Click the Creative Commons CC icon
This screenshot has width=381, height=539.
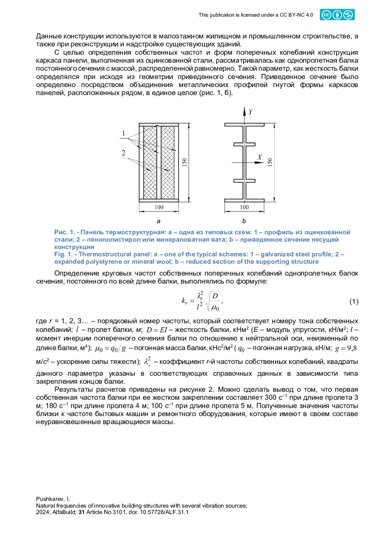[x=326, y=15]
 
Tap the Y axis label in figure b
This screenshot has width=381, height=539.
[x=251, y=112]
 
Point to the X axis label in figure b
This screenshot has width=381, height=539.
[x=260, y=157]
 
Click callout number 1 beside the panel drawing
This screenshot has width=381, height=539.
[x=124, y=133]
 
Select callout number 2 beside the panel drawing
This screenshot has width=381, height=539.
[x=124, y=153]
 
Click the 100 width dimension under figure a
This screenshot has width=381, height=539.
[x=159, y=207]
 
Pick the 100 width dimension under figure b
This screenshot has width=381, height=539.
[x=244, y=207]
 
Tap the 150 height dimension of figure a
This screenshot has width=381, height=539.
[x=185, y=162]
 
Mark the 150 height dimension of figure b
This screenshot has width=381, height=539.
[x=270, y=162]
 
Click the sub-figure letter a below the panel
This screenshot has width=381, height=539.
[x=158, y=221]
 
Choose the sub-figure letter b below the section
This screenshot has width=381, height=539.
[x=244, y=221]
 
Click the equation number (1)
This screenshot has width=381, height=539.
[x=354, y=301]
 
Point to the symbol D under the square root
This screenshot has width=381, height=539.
[x=215, y=296]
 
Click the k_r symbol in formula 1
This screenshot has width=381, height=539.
[x=184, y=300]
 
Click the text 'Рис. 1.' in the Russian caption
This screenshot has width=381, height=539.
[x=64, y=232]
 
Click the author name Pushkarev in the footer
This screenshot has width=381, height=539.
[x=51, y=499]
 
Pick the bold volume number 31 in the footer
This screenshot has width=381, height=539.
[x=82, y=512]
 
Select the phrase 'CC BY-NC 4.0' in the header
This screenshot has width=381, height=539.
[x=296, y=15]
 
